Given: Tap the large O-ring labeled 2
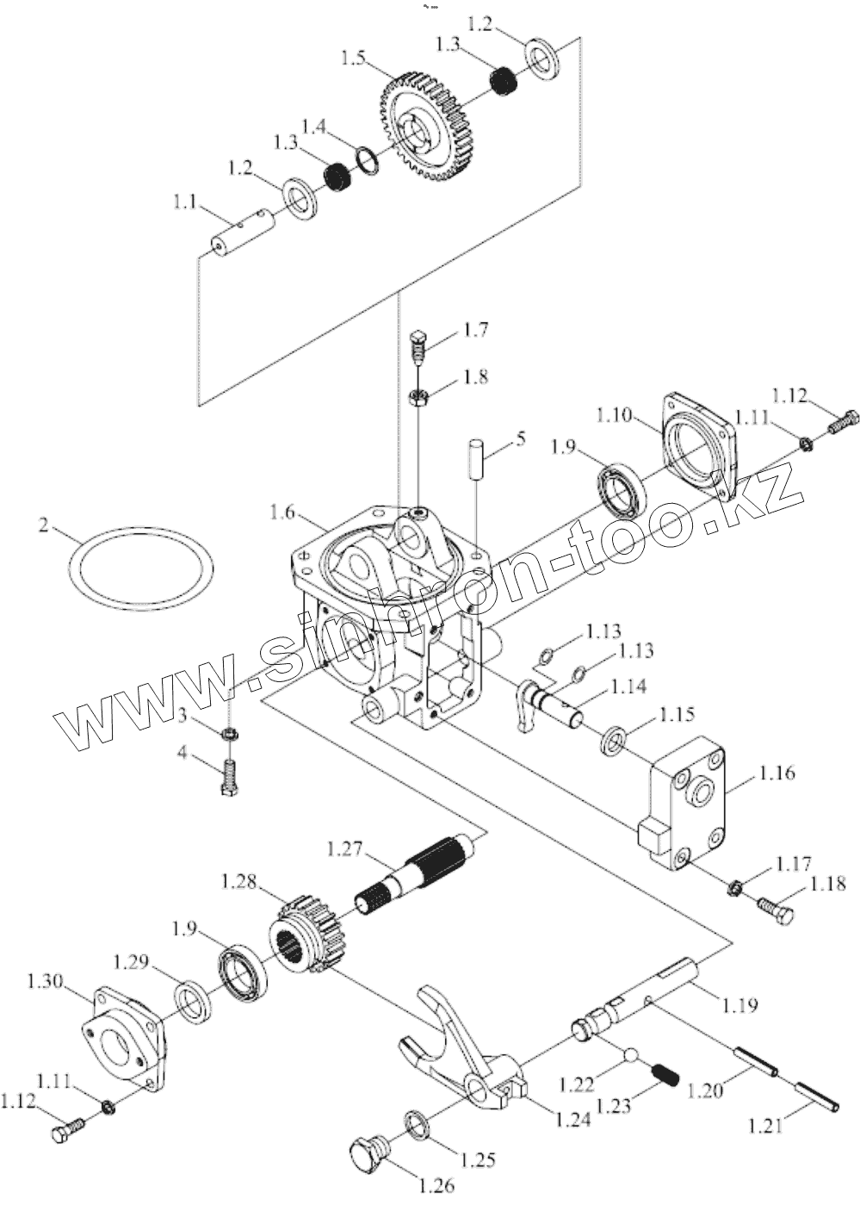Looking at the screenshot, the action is pyautogui.click(x=141, y=568).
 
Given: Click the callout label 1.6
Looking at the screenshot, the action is pyautogui.click(x=283, y=512).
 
